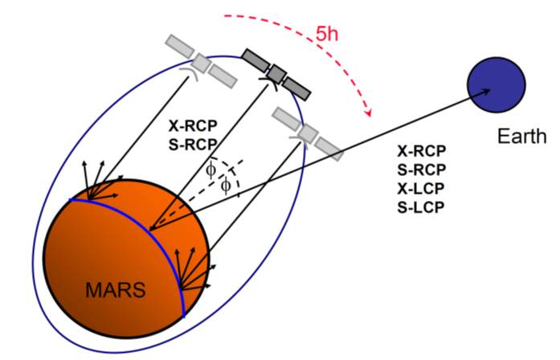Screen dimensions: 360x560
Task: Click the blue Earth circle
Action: click(497, 84)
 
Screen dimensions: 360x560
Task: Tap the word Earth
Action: click(521, 136)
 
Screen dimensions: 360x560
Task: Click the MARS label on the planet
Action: click(116, 289)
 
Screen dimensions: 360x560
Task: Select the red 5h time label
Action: click(328, 35)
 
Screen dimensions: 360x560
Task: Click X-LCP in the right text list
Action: click(422, 188)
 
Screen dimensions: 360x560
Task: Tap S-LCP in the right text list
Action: click(422, 207)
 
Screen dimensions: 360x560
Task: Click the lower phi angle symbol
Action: click(226, 185)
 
